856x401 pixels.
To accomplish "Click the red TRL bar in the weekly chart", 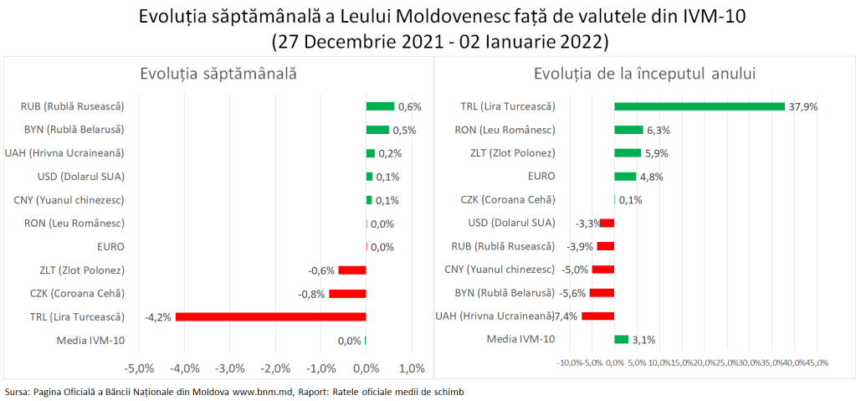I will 270,316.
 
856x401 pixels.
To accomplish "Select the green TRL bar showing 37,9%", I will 699,106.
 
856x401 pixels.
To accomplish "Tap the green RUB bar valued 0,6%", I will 380,106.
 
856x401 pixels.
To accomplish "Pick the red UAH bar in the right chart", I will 597,316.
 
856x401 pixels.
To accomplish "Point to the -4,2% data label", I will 158,317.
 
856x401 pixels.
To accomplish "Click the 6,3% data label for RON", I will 659,130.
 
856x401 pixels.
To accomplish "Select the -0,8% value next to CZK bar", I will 311,294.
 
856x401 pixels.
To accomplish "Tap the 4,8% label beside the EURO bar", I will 651,177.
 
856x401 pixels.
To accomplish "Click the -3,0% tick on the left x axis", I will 229,368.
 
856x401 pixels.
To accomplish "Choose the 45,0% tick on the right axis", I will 816,362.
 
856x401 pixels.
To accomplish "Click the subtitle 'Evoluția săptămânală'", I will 218,74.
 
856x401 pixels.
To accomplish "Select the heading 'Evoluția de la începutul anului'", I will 644,74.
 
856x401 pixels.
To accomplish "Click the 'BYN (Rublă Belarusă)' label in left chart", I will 74,130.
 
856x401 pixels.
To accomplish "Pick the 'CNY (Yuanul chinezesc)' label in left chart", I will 69,200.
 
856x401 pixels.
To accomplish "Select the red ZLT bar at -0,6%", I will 351,270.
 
